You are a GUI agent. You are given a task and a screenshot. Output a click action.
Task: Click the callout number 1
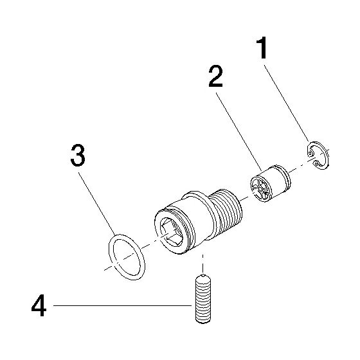[x=262, y=48]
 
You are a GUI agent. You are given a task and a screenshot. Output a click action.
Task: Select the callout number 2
[x=215, y=76]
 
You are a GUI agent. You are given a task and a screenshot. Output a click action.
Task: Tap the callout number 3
[x=78, y=155]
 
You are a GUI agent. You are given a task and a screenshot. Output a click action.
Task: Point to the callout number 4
[x=39, y=305]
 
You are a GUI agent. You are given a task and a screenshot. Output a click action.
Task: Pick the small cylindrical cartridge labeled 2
[x=270, y=183]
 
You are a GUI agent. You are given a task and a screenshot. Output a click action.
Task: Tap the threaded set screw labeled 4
[x=203, y=298]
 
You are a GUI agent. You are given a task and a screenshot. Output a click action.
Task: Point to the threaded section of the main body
[x=226, y=212]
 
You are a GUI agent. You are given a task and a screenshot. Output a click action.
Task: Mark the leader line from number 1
[x=287, y=104]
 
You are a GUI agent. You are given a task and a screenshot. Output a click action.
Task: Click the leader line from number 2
[x=239, y=132]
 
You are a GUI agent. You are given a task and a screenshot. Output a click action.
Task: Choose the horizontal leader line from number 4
[x=122, y=305]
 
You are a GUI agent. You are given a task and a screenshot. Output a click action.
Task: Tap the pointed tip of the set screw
[x=203, y=275]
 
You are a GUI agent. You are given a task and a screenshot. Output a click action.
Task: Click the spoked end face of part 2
[x=260, y=189]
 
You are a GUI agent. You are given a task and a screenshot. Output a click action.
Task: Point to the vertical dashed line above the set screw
[x=203, y=264]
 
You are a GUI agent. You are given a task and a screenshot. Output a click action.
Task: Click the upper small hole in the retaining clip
[x=310, y=153]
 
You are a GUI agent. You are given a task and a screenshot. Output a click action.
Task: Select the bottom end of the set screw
[x=203, y=321]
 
